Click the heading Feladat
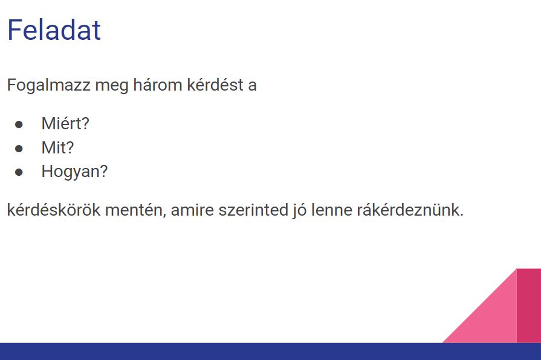54,30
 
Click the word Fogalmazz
48,85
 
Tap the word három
158,85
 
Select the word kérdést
215,85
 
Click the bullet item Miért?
65,123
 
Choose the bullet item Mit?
57,147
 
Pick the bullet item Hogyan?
74,172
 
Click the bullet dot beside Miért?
19,124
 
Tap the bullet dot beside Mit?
19,148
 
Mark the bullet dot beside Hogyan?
19,172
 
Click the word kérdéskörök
53,210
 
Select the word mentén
135,210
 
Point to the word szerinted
253,210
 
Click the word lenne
331,210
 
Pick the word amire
192,210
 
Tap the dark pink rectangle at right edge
529,306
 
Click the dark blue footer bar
271,352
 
